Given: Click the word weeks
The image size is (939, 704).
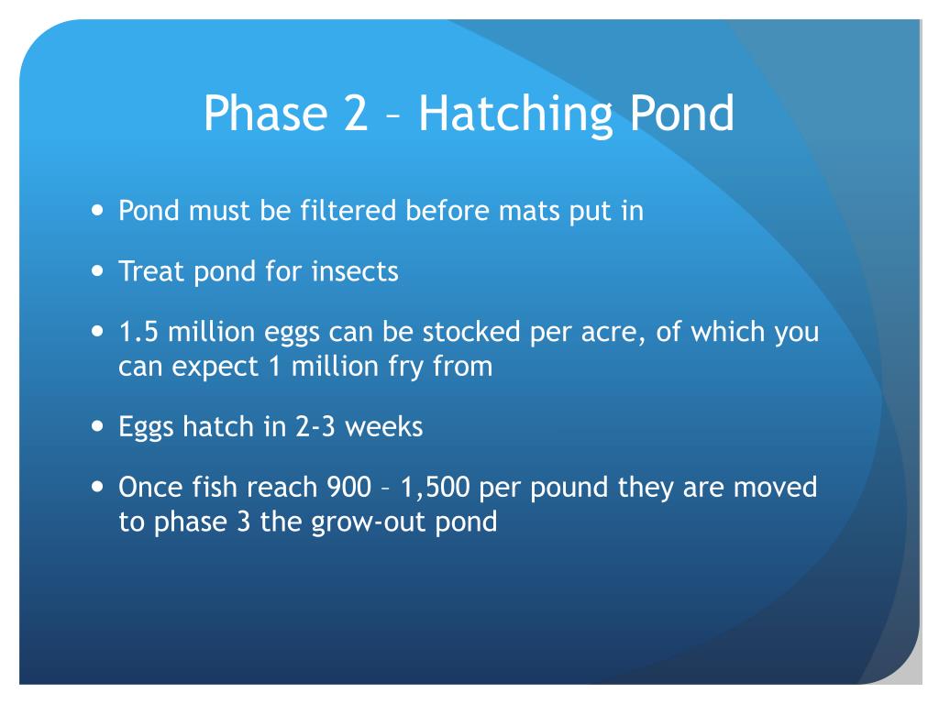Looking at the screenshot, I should [385, 427].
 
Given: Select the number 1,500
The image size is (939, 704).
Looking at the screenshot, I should [435, 488].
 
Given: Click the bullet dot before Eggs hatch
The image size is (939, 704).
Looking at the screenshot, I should [98, 426].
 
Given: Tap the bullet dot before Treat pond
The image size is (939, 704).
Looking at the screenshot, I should [98, 270].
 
